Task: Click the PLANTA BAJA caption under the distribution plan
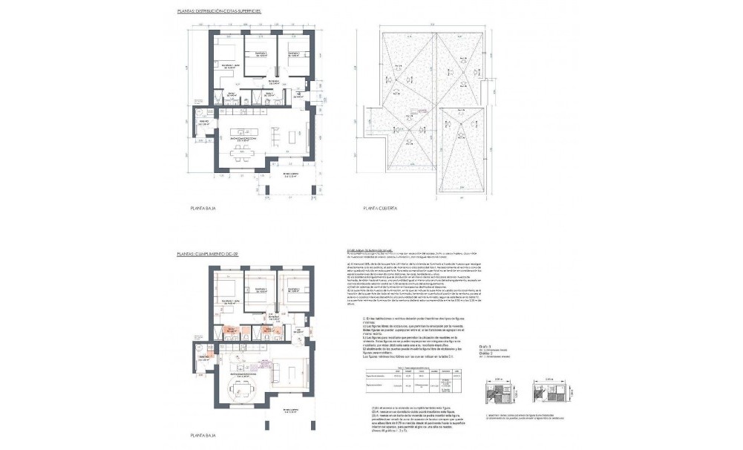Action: (x=203, y=211)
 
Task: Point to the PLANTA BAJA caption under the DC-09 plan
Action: (x=203, y=434)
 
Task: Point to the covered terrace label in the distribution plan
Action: (x=295, y=176)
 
